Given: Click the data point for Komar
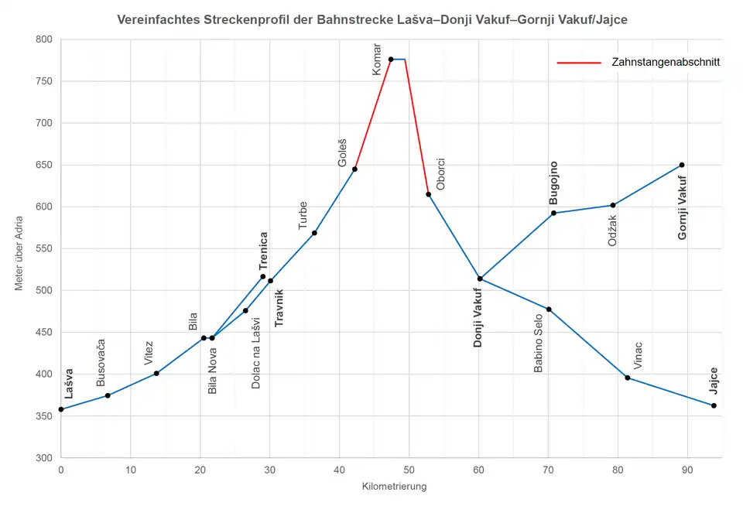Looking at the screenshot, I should coord(391,60).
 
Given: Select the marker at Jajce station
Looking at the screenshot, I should coord(714,405).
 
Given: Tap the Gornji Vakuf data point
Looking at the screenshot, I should coord(682,165).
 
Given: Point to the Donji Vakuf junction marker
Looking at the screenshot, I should coord(480,279).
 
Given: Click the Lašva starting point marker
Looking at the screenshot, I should coord(60,409).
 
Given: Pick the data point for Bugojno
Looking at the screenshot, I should coord(553,213).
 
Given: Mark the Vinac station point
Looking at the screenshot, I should coord(628,378).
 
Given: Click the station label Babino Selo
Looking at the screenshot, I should coord(539,344).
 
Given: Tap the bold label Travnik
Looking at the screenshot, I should coord(279,307).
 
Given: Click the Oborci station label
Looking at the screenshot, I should coord(440,174).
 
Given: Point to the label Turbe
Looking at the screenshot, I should coord(303,215).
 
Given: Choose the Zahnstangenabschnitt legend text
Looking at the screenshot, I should coord(664,63).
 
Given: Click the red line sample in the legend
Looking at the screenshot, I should coord(579,63).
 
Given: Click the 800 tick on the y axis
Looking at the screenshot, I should coord(43,39).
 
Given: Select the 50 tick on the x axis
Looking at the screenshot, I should coord(409,470).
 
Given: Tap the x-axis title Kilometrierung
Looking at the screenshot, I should coord(394,487).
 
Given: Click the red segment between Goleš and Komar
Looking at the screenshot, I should coord(373,114).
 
